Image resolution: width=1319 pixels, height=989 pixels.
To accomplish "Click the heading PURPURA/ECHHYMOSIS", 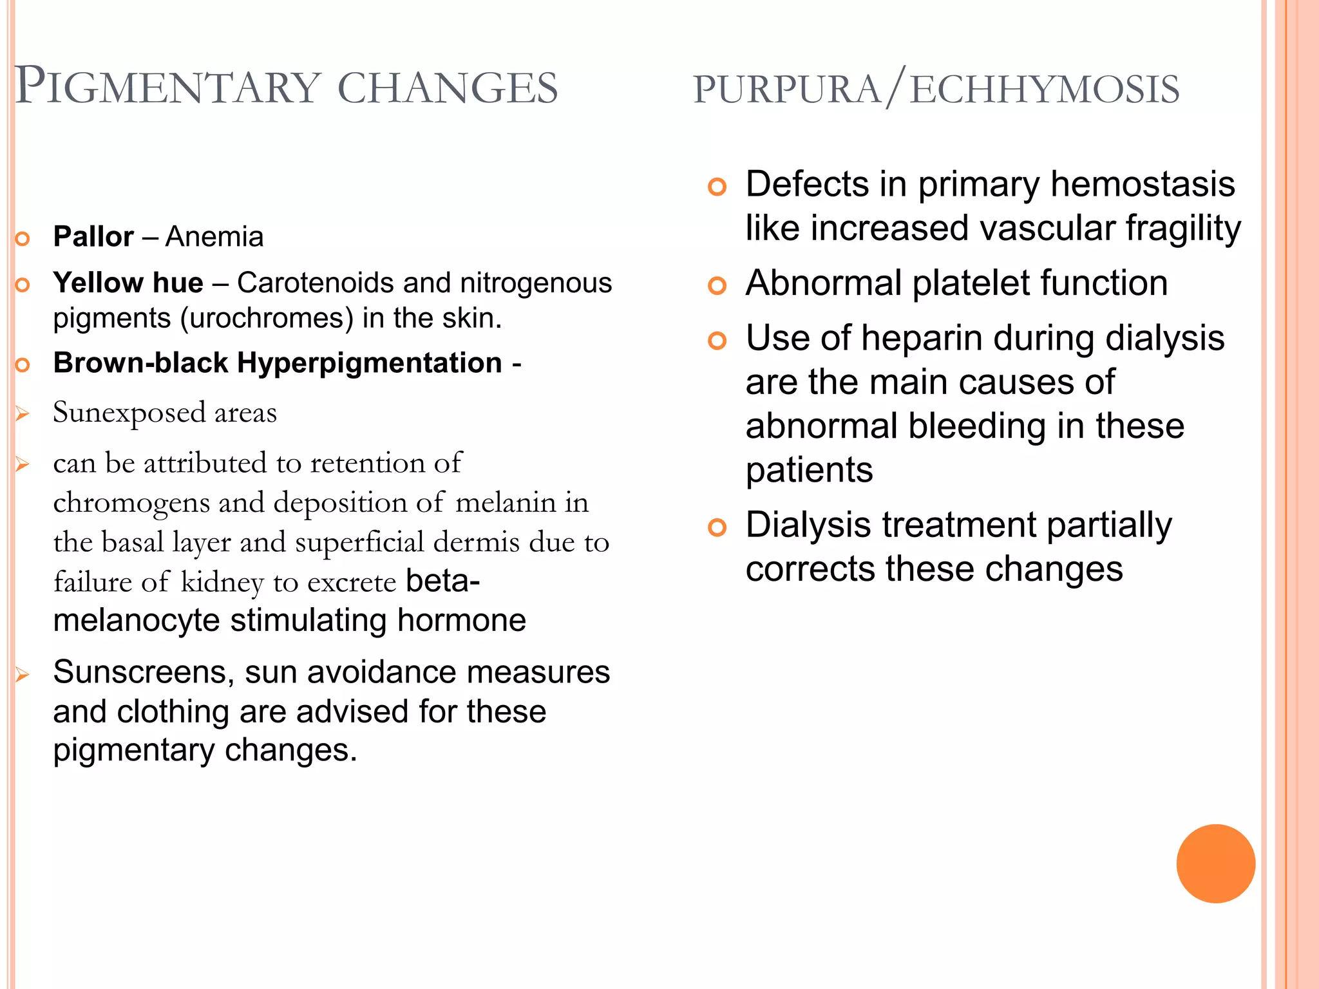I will [936, 89].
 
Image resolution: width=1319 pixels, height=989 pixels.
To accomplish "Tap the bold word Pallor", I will [93, 237].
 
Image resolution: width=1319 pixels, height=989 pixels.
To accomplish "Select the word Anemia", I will [214, 237].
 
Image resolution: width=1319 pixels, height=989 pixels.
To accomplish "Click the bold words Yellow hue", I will [128, 283].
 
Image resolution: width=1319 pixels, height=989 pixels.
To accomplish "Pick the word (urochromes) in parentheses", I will [267, 319].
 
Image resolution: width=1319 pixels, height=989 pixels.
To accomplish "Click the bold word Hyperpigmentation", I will [370, 363].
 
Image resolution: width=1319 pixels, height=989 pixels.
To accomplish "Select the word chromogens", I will [131, 503].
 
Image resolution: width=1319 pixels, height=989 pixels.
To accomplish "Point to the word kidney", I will [222, 583].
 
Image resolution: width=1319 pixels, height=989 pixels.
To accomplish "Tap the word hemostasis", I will [1143, 184].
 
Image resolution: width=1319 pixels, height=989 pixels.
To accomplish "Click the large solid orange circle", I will [1215, 863].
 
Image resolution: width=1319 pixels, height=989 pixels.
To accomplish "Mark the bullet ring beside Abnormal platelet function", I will [717, 285].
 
